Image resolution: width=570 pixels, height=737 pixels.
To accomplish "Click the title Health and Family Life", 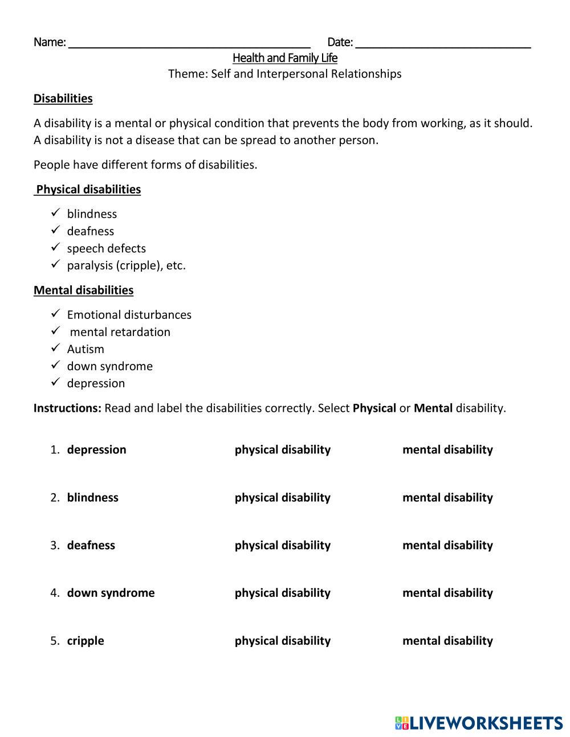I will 285,58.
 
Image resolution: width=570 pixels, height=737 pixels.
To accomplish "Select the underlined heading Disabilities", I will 63,99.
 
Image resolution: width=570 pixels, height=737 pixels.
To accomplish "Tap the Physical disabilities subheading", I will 88,190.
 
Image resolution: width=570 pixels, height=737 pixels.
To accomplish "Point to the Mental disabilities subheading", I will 83,290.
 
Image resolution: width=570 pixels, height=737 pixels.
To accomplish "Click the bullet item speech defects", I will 106,248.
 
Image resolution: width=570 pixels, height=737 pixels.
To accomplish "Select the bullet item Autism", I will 85,349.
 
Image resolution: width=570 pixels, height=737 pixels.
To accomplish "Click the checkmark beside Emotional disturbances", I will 55,314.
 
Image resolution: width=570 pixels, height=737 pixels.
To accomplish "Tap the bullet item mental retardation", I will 120,332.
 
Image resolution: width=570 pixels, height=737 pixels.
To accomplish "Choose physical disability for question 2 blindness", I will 282,498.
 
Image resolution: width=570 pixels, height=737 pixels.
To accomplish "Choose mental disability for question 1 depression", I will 447,450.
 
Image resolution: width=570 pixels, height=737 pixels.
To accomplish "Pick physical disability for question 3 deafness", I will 282,546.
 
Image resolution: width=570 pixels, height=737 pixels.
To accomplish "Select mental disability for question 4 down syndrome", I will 447,593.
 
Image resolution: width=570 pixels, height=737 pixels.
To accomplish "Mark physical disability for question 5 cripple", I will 282,641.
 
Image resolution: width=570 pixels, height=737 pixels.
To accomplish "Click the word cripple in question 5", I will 85,641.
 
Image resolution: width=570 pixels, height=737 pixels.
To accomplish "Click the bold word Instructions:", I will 67,408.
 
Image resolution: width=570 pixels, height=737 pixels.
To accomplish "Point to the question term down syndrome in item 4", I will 111,593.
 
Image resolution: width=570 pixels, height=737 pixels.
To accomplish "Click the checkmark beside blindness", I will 55,213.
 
